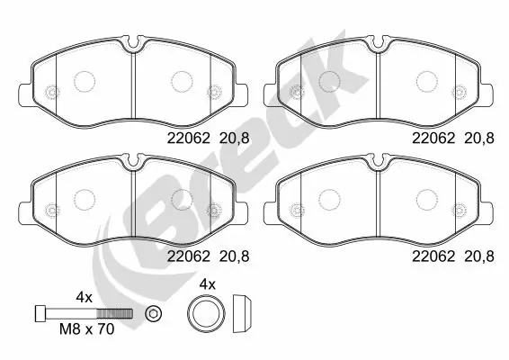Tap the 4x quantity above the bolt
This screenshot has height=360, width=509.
pyautogui.click(x=85, y=296)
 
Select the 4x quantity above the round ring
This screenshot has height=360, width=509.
pyautogui.click(x=207, y=283)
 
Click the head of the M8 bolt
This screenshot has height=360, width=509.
pyautogui.click(x=40, y=312)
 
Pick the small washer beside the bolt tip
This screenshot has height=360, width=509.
pyautogui.click(x=153, y=312)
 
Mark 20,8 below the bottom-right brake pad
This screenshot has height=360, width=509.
pyautogui.click(x=479, y=256)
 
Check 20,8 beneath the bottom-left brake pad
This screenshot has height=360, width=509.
pyautogui.click(x=234, y=256)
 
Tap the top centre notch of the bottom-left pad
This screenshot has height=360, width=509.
pyautogui.click(x=133, y=160)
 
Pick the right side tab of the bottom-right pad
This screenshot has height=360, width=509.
pyautogui.click(x=491, y=211)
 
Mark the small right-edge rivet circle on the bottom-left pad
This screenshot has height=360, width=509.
pyautogui.click(x=214, y=209)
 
